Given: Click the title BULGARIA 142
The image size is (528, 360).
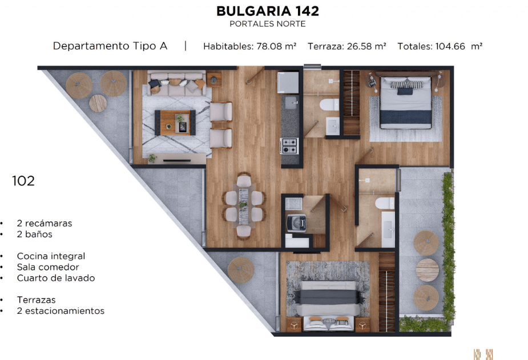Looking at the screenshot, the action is tap(267, 11).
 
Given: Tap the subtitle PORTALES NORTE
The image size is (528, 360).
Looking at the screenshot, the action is tap(267, 24).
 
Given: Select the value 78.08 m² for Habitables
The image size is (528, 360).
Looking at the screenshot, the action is tap(276, 46).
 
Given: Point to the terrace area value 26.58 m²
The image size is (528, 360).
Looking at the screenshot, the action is tap(366, 46).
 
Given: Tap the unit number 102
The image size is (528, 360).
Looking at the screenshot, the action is tap(23, 181).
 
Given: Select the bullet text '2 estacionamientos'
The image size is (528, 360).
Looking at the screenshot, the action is tap(61, 311).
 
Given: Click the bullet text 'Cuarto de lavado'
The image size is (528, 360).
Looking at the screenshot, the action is tap(56, 278).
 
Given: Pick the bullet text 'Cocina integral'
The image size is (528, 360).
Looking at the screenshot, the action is tap(51, 256).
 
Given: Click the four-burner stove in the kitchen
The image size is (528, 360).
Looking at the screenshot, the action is tap(289, 146).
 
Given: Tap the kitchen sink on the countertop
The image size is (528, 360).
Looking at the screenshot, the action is tap(291, 103).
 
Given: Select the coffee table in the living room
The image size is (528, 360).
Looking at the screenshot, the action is tap(175, 123).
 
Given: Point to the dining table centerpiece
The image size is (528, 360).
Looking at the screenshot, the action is tap(243, 205).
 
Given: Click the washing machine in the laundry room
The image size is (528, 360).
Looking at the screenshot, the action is tap(296, 223).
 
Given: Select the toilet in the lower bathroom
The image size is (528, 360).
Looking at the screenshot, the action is tap(385, 203).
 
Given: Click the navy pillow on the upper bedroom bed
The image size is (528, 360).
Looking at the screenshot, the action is tap(405, 91).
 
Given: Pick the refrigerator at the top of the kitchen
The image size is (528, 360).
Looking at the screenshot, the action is tap(288, 82).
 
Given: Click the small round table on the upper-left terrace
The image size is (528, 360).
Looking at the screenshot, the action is tap(98, 103).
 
